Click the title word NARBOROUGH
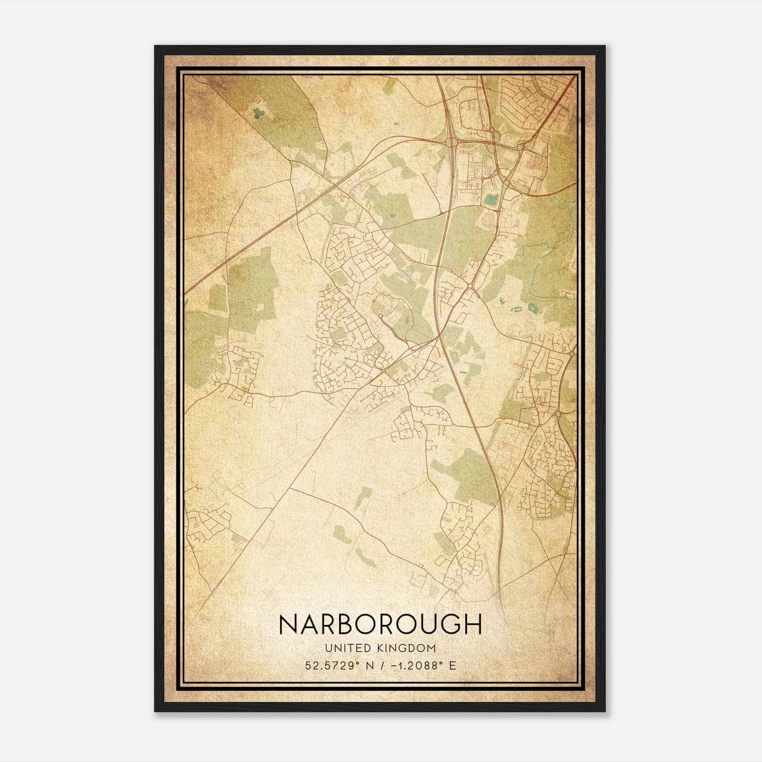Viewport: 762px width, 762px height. tap(381, 624)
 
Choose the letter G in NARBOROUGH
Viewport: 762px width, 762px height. tap(451, 624)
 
